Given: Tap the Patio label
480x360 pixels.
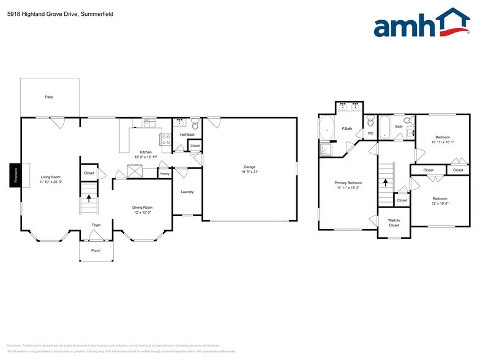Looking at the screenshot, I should tap(48, 97).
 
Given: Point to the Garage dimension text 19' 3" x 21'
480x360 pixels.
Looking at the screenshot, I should tap(249, 172).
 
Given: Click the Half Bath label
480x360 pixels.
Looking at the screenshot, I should tap(187, 135).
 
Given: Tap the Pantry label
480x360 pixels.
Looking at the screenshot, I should tap(165, 174).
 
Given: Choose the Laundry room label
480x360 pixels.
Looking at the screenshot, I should tap(187, 192).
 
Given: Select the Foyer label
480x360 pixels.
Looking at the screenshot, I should tap(96, 225).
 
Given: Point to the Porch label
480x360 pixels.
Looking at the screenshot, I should tap(96, 250).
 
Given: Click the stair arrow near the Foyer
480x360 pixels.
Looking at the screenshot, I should tap(88, 198).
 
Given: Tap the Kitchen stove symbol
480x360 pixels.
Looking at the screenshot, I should tap(165, 139).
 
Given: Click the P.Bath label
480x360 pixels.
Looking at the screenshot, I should tap(347, 129).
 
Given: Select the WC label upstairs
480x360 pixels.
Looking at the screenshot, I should tap(370, 133).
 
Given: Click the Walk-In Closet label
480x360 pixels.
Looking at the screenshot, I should tap(394, 222).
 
